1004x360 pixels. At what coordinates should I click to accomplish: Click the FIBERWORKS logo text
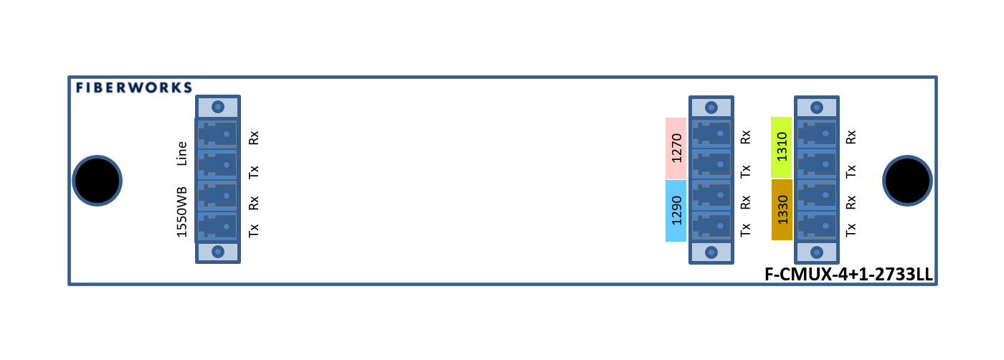coord(134,87)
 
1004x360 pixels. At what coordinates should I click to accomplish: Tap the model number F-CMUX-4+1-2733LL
coord(848,275)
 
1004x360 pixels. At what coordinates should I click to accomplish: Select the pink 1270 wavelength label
coord(676,148)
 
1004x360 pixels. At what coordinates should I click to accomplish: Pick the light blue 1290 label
coord(676,211)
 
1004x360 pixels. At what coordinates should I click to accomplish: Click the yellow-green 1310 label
coord(782,147)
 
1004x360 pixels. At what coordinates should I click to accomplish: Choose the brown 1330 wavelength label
coord(782,209)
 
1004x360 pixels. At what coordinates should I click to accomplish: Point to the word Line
coord(182,153)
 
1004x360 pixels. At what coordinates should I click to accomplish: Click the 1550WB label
coord(182,212)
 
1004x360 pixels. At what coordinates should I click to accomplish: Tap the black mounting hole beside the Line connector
coord(97,181)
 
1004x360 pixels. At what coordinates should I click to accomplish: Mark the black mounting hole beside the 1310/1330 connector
coord(907,181)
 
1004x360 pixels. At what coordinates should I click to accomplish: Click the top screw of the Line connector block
coord(218,107)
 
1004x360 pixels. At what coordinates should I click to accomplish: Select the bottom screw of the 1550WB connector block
coord(218,252)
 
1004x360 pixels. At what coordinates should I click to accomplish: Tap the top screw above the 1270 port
coord(711,108)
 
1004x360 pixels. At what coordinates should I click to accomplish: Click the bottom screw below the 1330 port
coord(817,252)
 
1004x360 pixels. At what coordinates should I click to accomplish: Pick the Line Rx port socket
coord(217,133)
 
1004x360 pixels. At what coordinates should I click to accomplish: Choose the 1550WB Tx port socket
coord(217,227)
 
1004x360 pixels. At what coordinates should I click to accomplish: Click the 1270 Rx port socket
coord(711,133)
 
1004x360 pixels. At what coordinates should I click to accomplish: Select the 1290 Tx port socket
coord(711,227)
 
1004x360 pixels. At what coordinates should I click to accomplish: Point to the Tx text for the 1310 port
coord(851,171)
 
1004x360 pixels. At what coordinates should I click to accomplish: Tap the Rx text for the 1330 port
coord(851,202)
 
